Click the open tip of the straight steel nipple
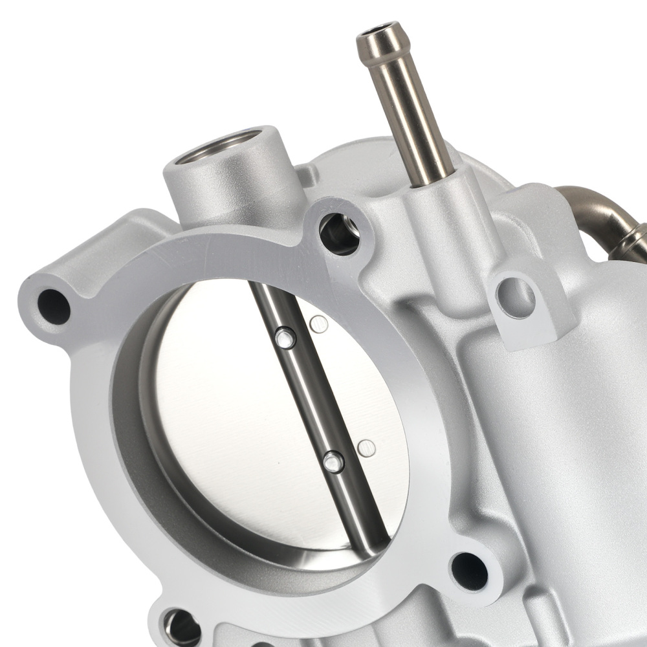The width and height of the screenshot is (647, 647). (x=377, y=30)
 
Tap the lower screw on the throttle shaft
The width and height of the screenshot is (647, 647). (x=333, y=461)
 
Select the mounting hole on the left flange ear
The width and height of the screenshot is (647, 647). (x=53, y=306)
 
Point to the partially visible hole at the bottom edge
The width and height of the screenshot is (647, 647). (x=181, y=628)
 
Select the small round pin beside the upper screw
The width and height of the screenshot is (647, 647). (x=318, y=324)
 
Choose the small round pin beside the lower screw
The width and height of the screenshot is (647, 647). (x=366, y=447)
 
